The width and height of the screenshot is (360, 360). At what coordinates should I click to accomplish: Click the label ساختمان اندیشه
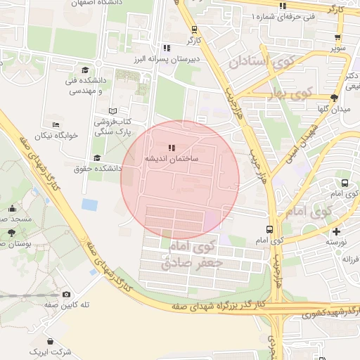pyautogui.click(x=172, y=160)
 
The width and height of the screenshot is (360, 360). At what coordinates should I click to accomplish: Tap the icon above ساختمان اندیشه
pyautogui.click(x=172, y=148)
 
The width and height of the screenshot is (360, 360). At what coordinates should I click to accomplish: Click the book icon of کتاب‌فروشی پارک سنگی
pyautogui.click(x=113, y=111)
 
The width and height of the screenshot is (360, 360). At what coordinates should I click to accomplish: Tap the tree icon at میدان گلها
pyautogui.click(x=333, y=98)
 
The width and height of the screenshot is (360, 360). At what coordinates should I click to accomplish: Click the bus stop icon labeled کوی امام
pyautogui.click(x=270, y=229)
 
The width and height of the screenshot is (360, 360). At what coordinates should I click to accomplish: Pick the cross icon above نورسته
pyautogui.click(x=336, y=231)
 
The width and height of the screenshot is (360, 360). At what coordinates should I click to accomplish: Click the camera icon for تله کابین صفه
pyautogui.click(x=66, y=294)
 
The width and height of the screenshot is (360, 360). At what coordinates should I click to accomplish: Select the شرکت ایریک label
pyautogui.click(x=51, y=350)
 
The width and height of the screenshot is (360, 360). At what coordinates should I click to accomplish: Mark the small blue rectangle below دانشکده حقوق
pyautogui.click(x=89, y=205)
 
